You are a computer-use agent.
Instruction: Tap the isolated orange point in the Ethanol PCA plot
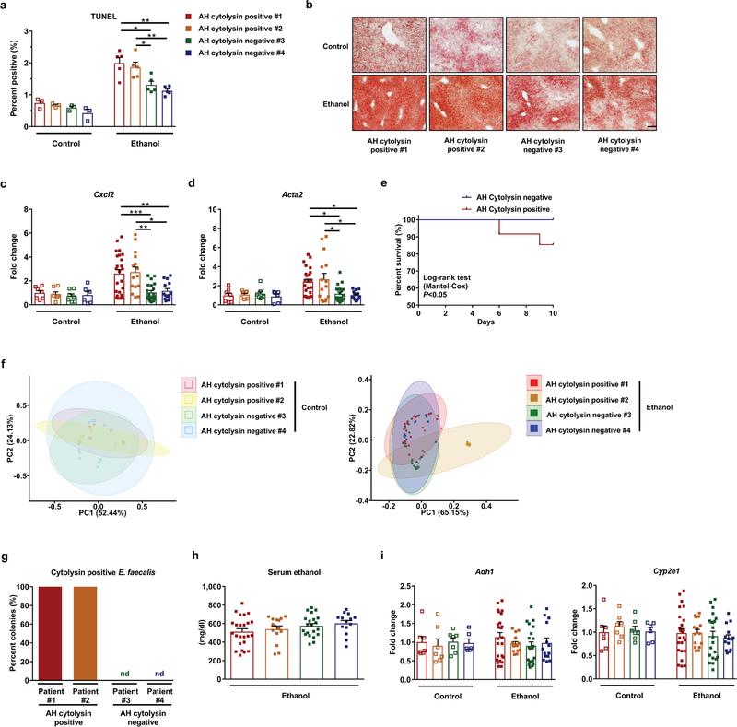pyautogui.click(x=468, y=443)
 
